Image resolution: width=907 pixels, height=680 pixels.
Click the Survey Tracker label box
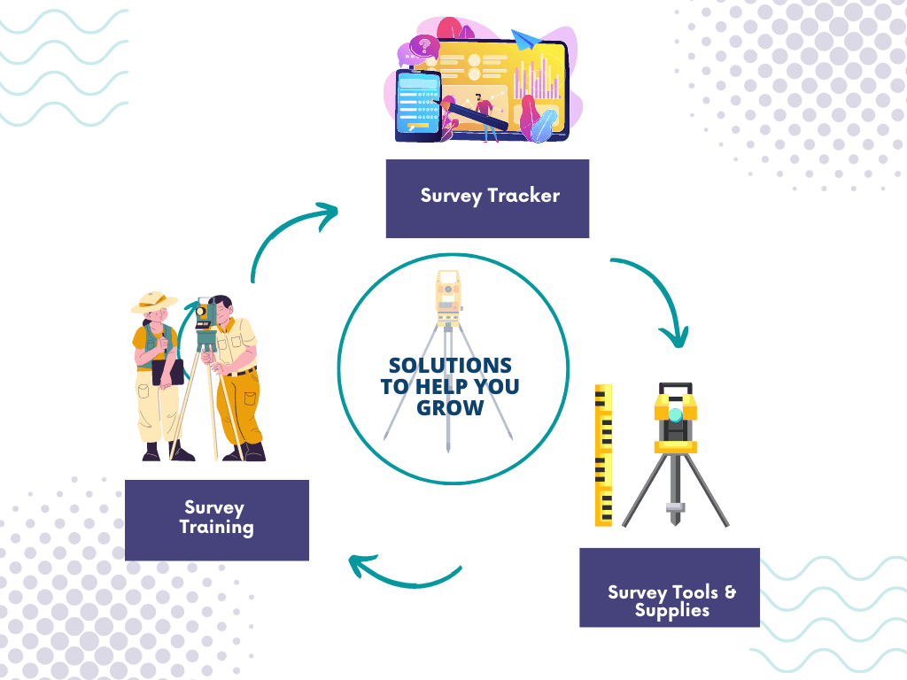click(x=487, y=198)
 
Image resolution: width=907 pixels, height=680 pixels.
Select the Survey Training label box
click(x=217, y=520)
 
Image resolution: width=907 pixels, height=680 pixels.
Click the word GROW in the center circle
click(x=452, y=408)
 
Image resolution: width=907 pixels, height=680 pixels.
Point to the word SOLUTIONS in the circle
click(x=450, y=366)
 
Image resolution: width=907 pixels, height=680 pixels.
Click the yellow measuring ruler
click(x=603, y=455)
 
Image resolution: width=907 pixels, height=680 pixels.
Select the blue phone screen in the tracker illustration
click(x=418, y=104)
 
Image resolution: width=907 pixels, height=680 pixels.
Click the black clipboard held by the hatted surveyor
click(x=167, y=371)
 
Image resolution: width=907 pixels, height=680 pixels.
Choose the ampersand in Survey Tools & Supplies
click(x=731, y=591)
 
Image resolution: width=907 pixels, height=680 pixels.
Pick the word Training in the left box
click(x=217, y=528)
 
